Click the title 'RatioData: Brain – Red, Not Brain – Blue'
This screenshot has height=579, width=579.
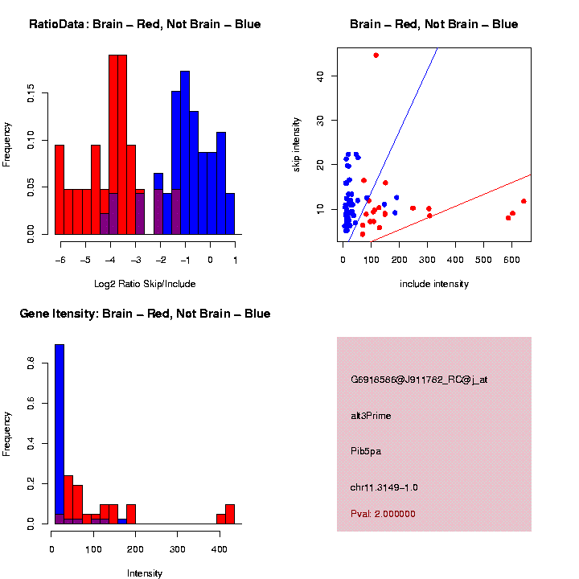tap(145, 24)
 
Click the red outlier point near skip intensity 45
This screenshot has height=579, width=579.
tap(376, 55)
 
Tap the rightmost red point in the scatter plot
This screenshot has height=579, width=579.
tap(524, 201)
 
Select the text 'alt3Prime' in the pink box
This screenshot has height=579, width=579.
tap(372, 416)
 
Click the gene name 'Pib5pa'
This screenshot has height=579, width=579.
tap(366, 451)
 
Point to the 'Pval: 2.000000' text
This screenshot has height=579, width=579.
tap(383, 514)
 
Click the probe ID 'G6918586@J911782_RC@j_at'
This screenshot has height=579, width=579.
tap(419, 380)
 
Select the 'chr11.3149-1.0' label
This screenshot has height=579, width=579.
tap(384, 487)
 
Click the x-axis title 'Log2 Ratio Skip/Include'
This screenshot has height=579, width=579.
tap(145, 284)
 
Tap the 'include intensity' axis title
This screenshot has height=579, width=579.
tap(434, 284)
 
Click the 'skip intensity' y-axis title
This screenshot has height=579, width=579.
tap(297, 143)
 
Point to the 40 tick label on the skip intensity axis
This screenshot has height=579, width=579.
tap(320, 76)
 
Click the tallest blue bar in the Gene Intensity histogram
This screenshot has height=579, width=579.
tap(60, 434)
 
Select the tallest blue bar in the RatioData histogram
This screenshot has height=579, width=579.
tap(185, 153)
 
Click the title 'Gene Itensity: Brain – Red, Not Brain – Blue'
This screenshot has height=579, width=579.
tap(145, 314)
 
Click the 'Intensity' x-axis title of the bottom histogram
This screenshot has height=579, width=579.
tap(145, 573)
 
